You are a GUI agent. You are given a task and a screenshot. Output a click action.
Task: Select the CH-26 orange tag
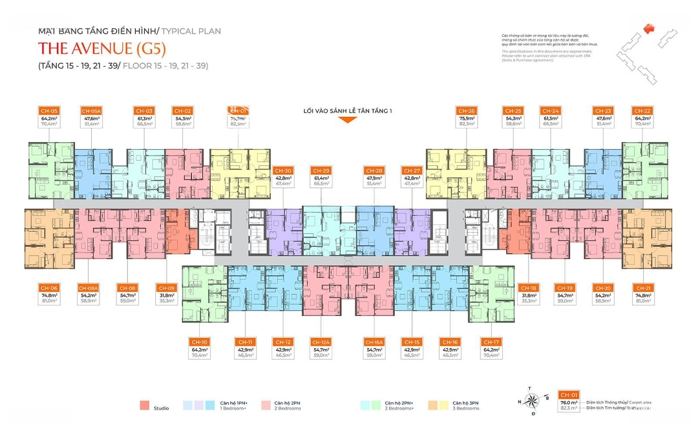(467, 110)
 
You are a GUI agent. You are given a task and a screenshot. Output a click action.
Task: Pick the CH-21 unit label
(643, 288)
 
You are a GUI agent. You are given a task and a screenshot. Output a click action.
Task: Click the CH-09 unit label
(166, 288)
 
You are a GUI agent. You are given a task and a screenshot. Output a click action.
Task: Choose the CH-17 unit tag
(491, 342)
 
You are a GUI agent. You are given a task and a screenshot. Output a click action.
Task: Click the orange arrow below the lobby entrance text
(348, 119)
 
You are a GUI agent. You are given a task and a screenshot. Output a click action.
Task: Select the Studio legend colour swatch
(144, 405)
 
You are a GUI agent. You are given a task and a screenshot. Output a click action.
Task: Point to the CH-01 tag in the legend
(568, 394)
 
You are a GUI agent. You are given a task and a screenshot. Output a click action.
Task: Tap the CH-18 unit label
(528, 288)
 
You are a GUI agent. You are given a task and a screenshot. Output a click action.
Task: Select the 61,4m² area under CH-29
(321, 178)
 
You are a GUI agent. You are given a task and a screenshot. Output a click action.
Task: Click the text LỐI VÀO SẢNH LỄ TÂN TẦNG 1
(348, 111)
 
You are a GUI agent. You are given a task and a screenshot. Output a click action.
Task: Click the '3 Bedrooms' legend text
(466, 408)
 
